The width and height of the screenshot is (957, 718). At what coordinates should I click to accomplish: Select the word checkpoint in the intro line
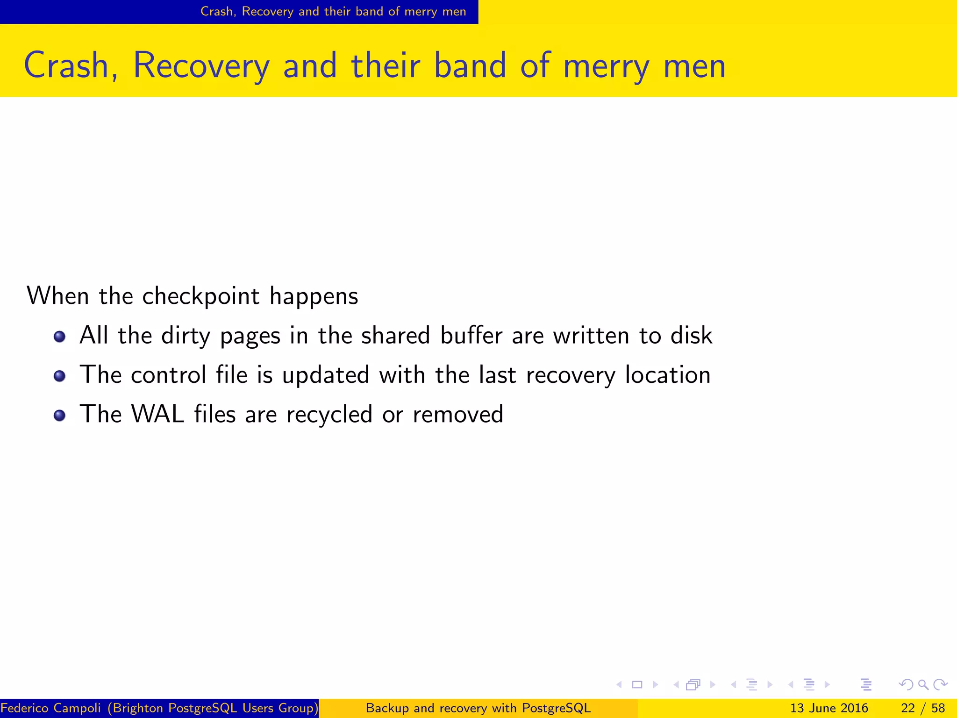(200, 296)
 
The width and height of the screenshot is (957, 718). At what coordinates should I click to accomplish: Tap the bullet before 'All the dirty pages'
(59, 337)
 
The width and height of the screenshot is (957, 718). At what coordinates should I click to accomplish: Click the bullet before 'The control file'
(59, 376)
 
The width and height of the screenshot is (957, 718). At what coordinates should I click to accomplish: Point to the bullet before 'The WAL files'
(59, 415)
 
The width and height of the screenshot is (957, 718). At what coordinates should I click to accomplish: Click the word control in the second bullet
(168, 375)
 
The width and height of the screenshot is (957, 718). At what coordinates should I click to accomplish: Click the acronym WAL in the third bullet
(158, 414)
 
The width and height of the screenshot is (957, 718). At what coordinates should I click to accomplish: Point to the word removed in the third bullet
(458, 414)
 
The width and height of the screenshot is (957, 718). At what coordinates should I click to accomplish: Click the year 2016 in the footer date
(854, 708)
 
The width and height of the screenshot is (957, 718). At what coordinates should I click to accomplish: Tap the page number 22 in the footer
(907, 708)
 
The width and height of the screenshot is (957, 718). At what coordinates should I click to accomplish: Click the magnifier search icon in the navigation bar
(923, 685)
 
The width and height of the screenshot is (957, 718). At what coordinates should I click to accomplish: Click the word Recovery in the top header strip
(267, 12)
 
